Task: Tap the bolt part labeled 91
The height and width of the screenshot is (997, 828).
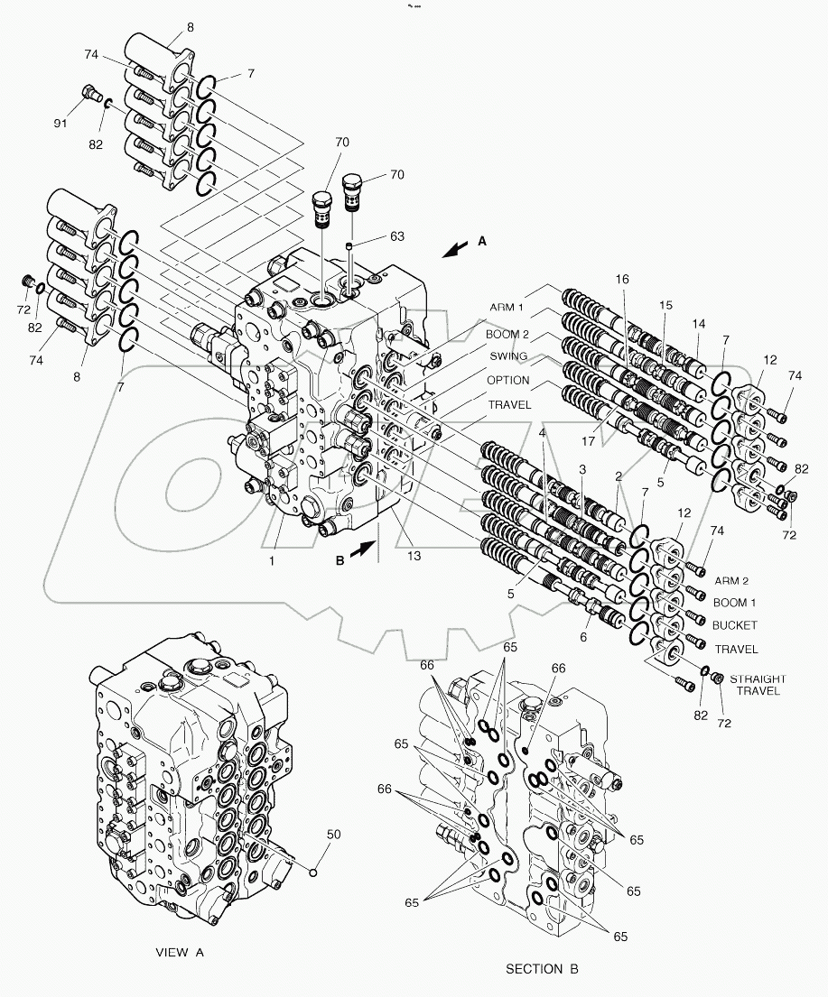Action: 88,91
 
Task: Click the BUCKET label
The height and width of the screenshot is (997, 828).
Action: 735,625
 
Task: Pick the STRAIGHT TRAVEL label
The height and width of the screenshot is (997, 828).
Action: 758,685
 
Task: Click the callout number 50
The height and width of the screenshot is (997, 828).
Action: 333,835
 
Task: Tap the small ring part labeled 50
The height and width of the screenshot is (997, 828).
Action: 313,871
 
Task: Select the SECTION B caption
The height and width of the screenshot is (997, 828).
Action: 542,969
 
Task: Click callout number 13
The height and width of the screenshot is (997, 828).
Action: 413,557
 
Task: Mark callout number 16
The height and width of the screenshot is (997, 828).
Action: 621,281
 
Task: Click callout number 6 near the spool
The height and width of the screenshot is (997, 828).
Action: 582,637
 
